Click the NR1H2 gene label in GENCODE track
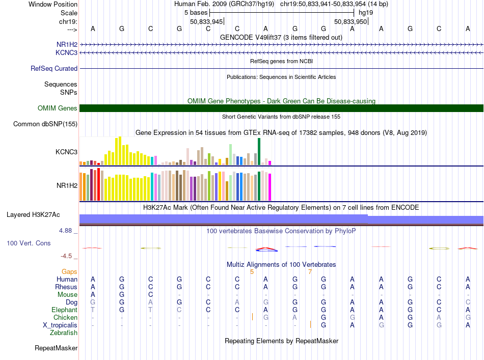point(67,45)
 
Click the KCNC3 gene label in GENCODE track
point(66,53)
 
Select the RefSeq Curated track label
point(54,68)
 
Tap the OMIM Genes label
point(58,108)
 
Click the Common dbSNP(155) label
point(45,124)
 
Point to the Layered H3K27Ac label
point(33,215)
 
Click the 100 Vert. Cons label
point(29,243)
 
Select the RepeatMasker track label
point(56,348)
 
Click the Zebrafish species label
point(64,333)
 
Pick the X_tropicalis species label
point(60,325)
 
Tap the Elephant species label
point(65,310)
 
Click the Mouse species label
point(67,295)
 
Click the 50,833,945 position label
point(206,21)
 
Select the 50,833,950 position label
point(351,21)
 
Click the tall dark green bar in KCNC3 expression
point(259,151)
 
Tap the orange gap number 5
point(252,272)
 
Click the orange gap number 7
point(310,272)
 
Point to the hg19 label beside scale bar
point(366,13)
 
